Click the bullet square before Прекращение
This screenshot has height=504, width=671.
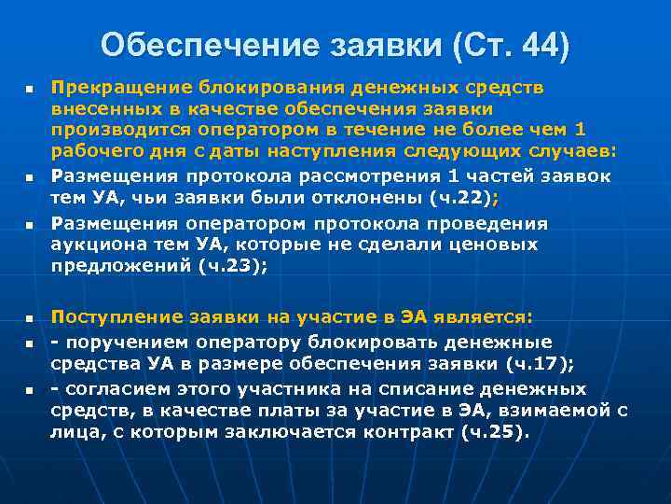(x=30, y=89)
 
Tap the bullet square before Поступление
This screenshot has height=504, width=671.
(x=30, y=319)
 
